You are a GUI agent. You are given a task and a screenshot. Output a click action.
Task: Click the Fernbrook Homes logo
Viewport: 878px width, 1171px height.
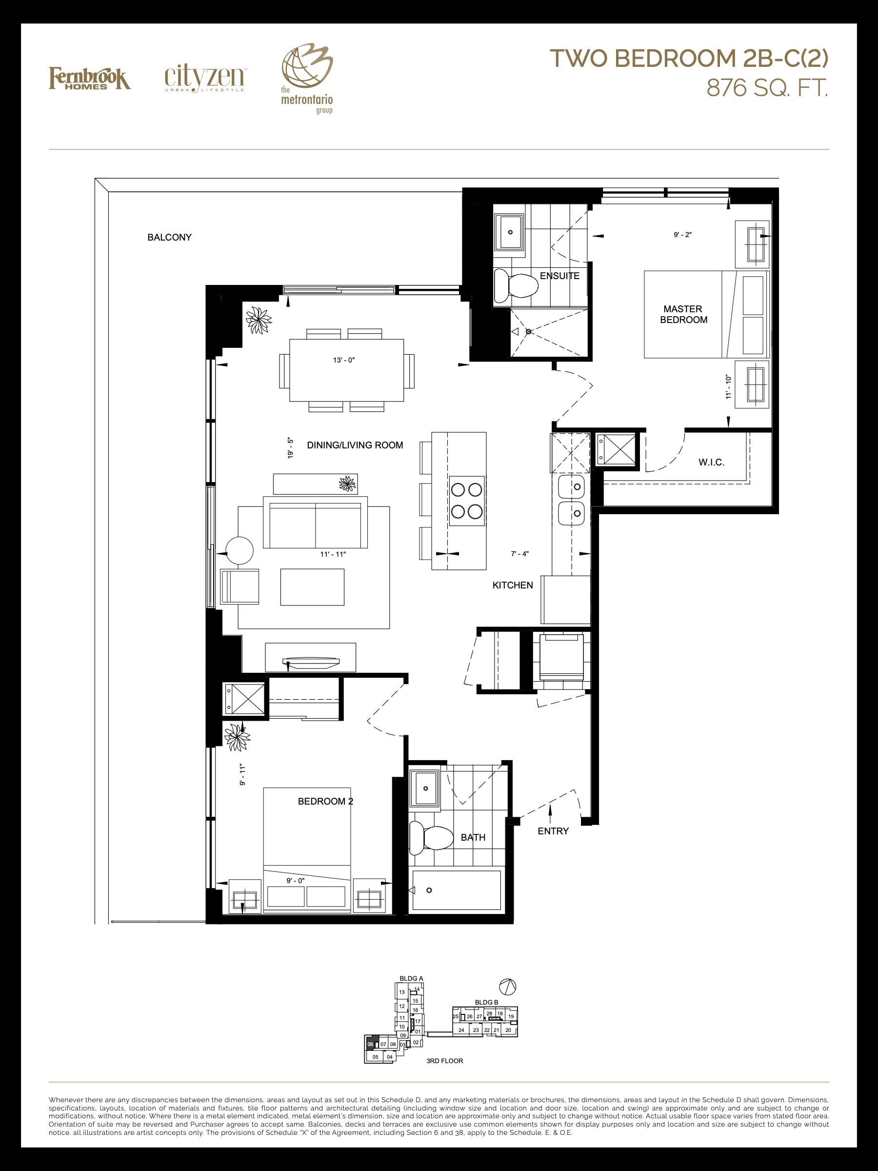tap(90, 79)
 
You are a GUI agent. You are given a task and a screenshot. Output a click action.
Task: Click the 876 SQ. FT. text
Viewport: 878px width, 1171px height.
tap(767, 89)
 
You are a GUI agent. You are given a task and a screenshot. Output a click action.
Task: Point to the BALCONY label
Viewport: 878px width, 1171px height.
tap(169, 237)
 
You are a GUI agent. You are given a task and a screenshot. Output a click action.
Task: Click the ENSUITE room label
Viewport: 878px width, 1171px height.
tap(559, 276)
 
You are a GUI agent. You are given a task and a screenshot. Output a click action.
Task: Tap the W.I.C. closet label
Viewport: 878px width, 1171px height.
tap(711, 462)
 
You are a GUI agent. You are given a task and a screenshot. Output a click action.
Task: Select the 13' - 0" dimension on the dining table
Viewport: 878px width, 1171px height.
tap(344, 360)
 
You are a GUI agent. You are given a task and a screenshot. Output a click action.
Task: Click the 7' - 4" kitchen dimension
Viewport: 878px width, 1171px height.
tap(519, 554)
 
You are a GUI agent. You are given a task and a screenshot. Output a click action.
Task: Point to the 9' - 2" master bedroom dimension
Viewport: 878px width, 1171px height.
tap(683, 235)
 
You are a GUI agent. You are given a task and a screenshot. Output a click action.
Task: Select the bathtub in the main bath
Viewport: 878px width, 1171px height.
tap(456, 890)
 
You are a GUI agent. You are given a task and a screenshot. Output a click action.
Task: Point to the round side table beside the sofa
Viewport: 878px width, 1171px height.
tap(240, 551)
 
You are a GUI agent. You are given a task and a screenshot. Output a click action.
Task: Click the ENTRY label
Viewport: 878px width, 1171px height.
tap(553, 831)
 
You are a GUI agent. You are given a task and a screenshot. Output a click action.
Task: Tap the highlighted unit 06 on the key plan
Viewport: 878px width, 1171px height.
tap(370, 1045)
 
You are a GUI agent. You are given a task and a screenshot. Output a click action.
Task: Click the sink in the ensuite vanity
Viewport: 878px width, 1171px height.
tap(510, 232)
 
